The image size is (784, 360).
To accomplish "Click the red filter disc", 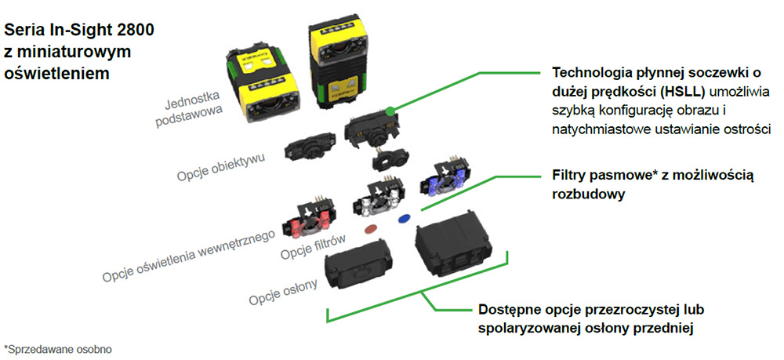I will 371,228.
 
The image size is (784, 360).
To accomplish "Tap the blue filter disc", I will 405,219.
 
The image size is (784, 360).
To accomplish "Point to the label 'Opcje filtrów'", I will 314,250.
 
